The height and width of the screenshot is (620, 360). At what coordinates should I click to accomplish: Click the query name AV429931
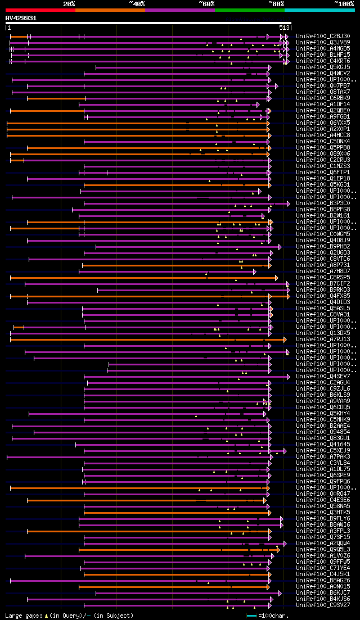[x=21, y=18]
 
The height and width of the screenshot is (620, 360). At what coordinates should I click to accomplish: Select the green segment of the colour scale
[x=249, y=10]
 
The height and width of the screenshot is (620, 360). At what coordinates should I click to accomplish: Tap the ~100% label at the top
[x=344, y=4]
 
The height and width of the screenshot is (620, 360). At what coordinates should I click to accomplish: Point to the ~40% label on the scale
[x=137, y=4]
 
